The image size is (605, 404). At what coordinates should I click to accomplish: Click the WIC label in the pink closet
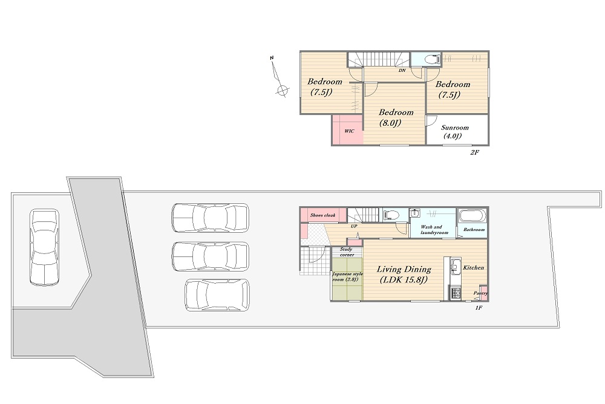click(x=349, y=131)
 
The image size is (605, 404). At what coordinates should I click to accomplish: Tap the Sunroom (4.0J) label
click(x=454, y=132)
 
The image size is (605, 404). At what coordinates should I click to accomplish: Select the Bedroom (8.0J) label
click(x=396, y=118)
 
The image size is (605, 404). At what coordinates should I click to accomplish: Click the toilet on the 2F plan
click(x=432, y=60)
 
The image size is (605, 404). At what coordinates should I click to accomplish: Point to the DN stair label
click(x=402, y=71)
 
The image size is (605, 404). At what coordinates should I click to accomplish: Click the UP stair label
click(x=354, y=226)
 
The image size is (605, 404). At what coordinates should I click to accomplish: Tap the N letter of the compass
click(x=272, y=58)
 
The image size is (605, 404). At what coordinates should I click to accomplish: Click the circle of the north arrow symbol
click(x=283, y=91)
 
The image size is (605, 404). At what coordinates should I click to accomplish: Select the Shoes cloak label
click(x=322, y=215)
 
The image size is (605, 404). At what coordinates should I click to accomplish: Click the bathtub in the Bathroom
click(x=473, y=216)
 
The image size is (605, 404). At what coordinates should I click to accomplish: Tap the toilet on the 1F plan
click(x=391, y=215)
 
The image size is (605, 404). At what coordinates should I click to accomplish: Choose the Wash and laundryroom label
click(x=434, y=230)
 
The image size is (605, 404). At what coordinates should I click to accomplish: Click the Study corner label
click(x=347, y=252)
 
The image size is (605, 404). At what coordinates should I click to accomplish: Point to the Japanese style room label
click(x=347, y=276)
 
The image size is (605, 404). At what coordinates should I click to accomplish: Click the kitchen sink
click(x=456, y=267)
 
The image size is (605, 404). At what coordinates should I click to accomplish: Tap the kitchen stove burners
click(x=455, y=293)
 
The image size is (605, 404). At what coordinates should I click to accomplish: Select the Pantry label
click(x=480, y=293)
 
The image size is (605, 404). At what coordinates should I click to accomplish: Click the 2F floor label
click(x=474, y=152)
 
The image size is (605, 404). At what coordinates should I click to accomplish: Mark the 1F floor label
click(x=479, y=308)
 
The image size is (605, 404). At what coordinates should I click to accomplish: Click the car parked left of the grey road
click(x=44, y=247)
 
